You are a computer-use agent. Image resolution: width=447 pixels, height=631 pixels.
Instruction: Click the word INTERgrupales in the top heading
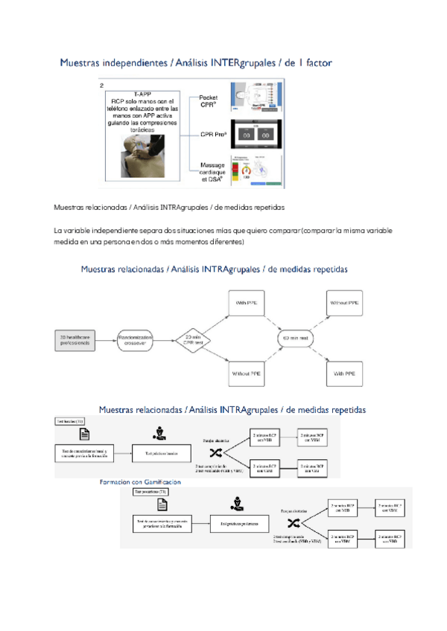(236, 64)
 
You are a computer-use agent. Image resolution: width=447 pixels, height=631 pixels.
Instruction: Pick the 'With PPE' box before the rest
(247, 304)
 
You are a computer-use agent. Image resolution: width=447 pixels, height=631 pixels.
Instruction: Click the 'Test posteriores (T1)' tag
(150, 493)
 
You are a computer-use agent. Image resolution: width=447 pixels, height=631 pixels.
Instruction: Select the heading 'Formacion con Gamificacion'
(140, 482)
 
